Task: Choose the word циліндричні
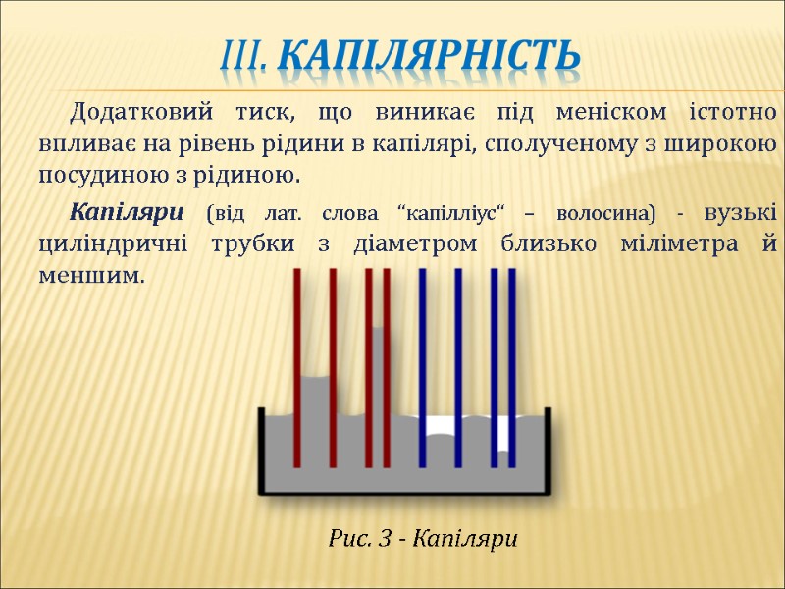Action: click(115, 244)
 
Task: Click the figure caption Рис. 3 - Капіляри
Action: click(422, 538)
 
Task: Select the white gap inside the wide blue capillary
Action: click(440, 427)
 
